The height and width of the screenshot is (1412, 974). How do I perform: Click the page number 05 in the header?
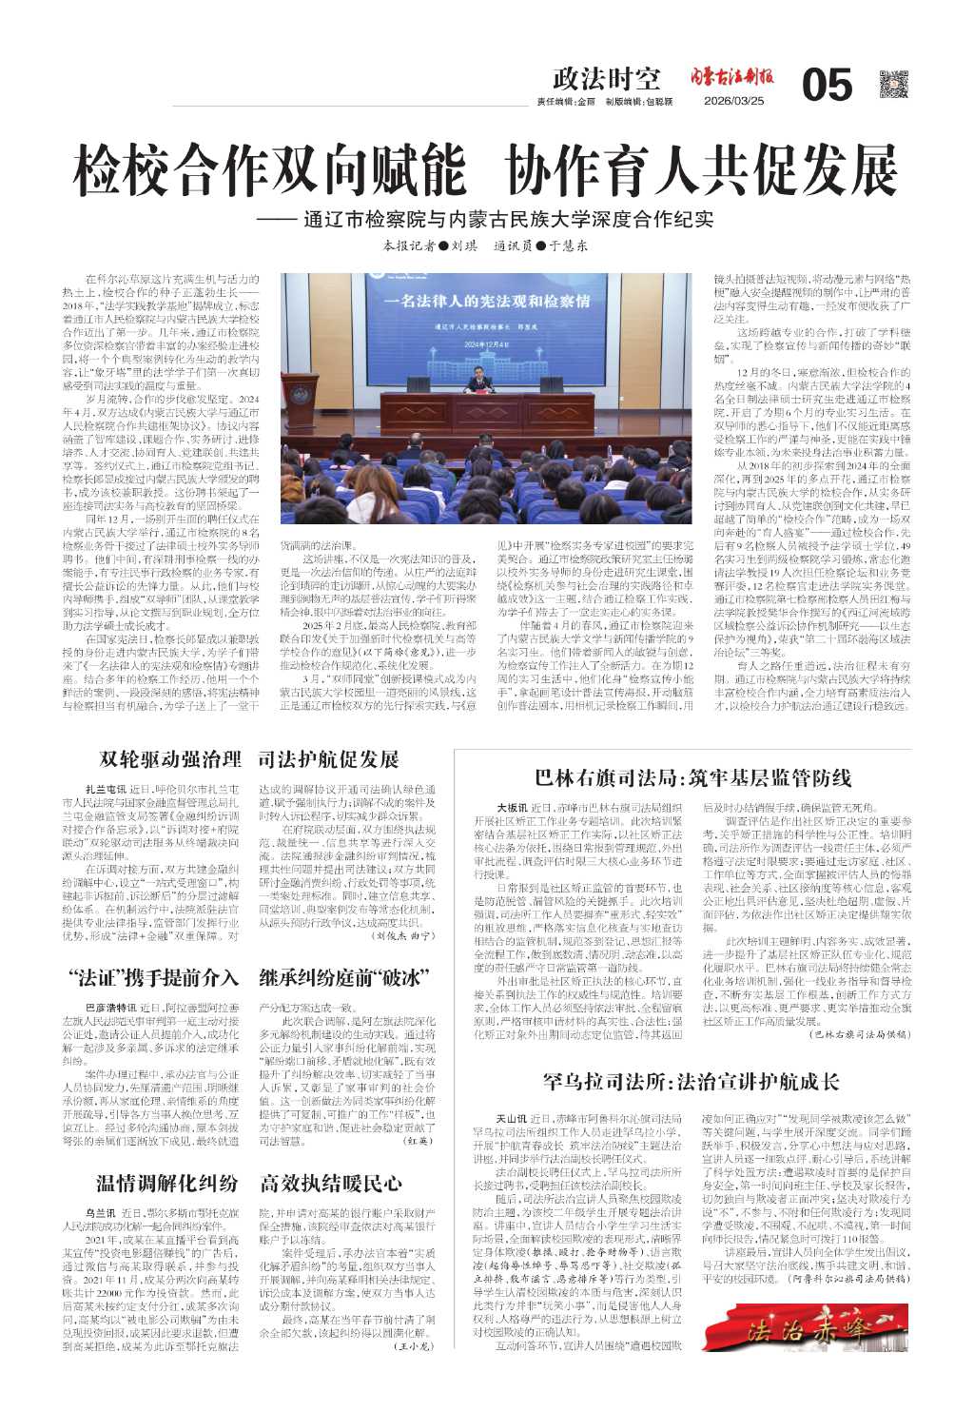(x=827, y=87)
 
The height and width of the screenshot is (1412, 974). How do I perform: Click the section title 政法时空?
(x=606, y=79)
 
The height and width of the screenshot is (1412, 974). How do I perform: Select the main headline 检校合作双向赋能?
(x=270, y=172)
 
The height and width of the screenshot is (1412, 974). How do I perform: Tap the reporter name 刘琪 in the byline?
(x=463, y=245)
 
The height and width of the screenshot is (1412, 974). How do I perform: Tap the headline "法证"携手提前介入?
(x=154, y=977)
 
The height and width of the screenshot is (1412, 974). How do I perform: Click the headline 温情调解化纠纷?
(x=167, y=1183)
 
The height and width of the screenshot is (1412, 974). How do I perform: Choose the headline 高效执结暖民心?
(x=331, y=1183)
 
